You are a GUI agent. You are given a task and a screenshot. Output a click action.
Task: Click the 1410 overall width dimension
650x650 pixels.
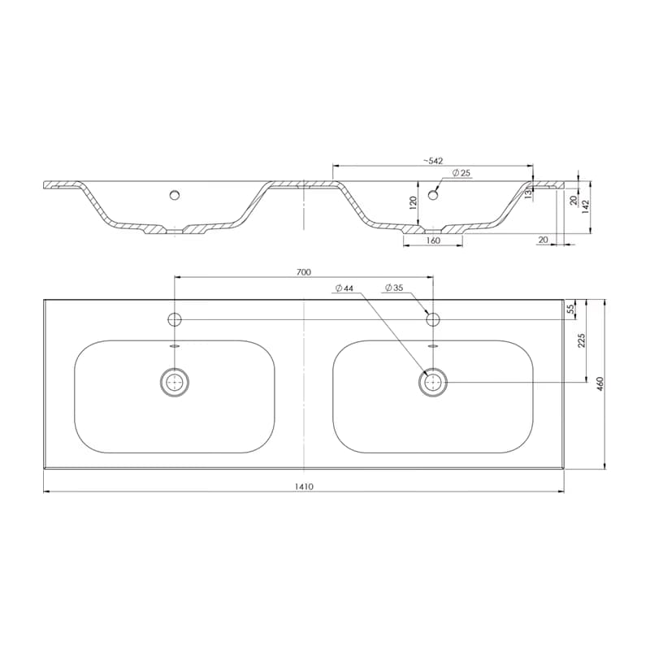pyautogui.click(x=304, y=486)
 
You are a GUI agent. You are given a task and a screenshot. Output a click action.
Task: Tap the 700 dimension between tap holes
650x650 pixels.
pyautogui.click(x=303, y=272)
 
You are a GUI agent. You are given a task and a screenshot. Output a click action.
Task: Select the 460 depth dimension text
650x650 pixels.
pyautogui.click(x=600, y=383)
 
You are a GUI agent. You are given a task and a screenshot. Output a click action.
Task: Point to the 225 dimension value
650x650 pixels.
pyautogui.click(x=581, y=340)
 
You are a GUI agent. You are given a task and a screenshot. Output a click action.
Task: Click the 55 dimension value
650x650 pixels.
pyautogui.click(x=570, y=309)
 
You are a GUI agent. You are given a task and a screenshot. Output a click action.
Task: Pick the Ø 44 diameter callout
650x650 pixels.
pyautogui.click(x=344, y=288)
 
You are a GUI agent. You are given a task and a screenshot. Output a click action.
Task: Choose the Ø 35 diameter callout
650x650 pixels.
pyautogui.click(x=394, y=288)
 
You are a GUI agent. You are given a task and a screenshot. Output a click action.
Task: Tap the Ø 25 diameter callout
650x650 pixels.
pyautogui.click(x=461, y=173)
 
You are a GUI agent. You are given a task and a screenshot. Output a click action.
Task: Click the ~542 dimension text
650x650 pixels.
pyautogui.click(x=433, y=161)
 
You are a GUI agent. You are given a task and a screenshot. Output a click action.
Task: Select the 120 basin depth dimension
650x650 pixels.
pyautogui.click(x=413, y=203)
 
